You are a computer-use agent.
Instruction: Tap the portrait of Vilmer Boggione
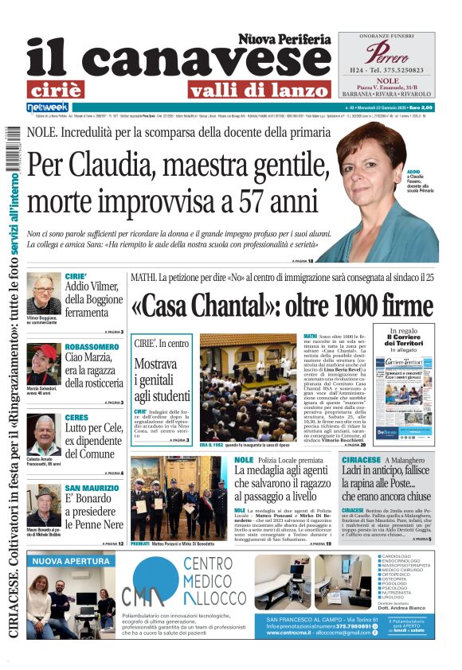(x=43, y=294)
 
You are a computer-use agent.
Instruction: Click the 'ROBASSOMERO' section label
(x=93, y=348)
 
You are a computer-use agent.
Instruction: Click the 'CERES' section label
(x=76, y=418)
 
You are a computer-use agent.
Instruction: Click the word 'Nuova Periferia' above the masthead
(x=284, y=39)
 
